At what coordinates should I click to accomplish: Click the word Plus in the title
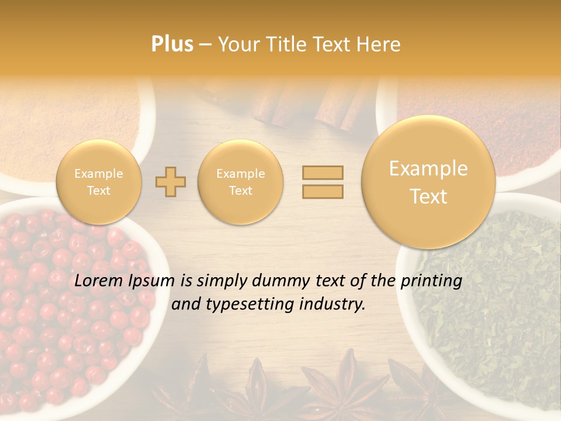172,44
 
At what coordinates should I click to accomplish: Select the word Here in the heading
379,44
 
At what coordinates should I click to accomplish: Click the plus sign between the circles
171,182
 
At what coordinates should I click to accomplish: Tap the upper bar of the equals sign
323,172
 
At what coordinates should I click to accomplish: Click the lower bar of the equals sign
323,191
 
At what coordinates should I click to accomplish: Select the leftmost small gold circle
99,182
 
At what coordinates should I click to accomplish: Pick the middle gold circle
241,182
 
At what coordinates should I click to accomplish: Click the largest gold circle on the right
428,182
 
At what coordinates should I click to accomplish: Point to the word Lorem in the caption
99,281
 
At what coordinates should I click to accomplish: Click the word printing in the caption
431,281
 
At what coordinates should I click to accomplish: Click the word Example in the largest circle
428,169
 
